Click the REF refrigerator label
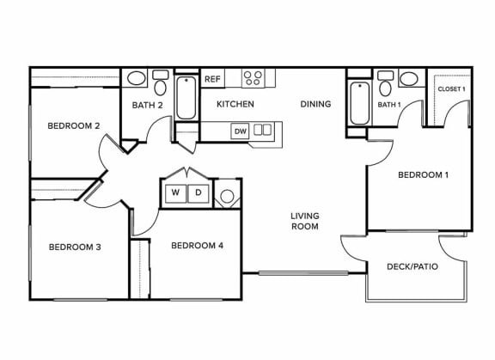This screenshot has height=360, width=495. pyautogui.click(x=212, y=79)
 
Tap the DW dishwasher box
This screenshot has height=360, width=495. pyautogui.click(x=241, y=131)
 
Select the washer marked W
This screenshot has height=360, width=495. pyautogui.click(x=175, y=192)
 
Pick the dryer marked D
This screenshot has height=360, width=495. pyautogui.click(x=199, y=192)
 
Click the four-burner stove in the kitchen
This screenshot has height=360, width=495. pyautogui.click(x=254, y=78)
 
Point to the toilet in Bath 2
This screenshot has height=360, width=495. pyautogui.click(x=161, y=83)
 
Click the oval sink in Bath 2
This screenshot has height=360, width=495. pyautogui.click(x=136, y=78)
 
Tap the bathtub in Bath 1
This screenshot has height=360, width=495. pyautogui.click(x=359, y=103)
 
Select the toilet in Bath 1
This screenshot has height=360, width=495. pyautogui.click(x=385, y=83)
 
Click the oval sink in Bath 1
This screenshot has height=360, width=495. pyautogui.click(x=409, y=78)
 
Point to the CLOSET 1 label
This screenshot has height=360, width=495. pyautogui.click(x=451, y=89)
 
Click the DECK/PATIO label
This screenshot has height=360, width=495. pyautogui.click(x=412, y=266)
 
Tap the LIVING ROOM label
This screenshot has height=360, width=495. pyautogui.click(x=304, y=221)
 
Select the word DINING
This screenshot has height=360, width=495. pyautogui.click(x=315, y=104)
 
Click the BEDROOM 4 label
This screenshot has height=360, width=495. pyautogui.click(x=198, y=246)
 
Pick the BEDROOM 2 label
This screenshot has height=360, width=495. pyautogui.click(x=74, y=126)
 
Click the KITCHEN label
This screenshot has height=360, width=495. pyautogui.click(x=235, y=104)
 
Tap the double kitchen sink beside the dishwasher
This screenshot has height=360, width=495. pyautogui.click(x=263, y=130)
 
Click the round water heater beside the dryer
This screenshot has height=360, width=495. pyautogui.click(x=227, y=196)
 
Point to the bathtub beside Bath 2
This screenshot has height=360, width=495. pyautogui.click(x=186, y=97)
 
